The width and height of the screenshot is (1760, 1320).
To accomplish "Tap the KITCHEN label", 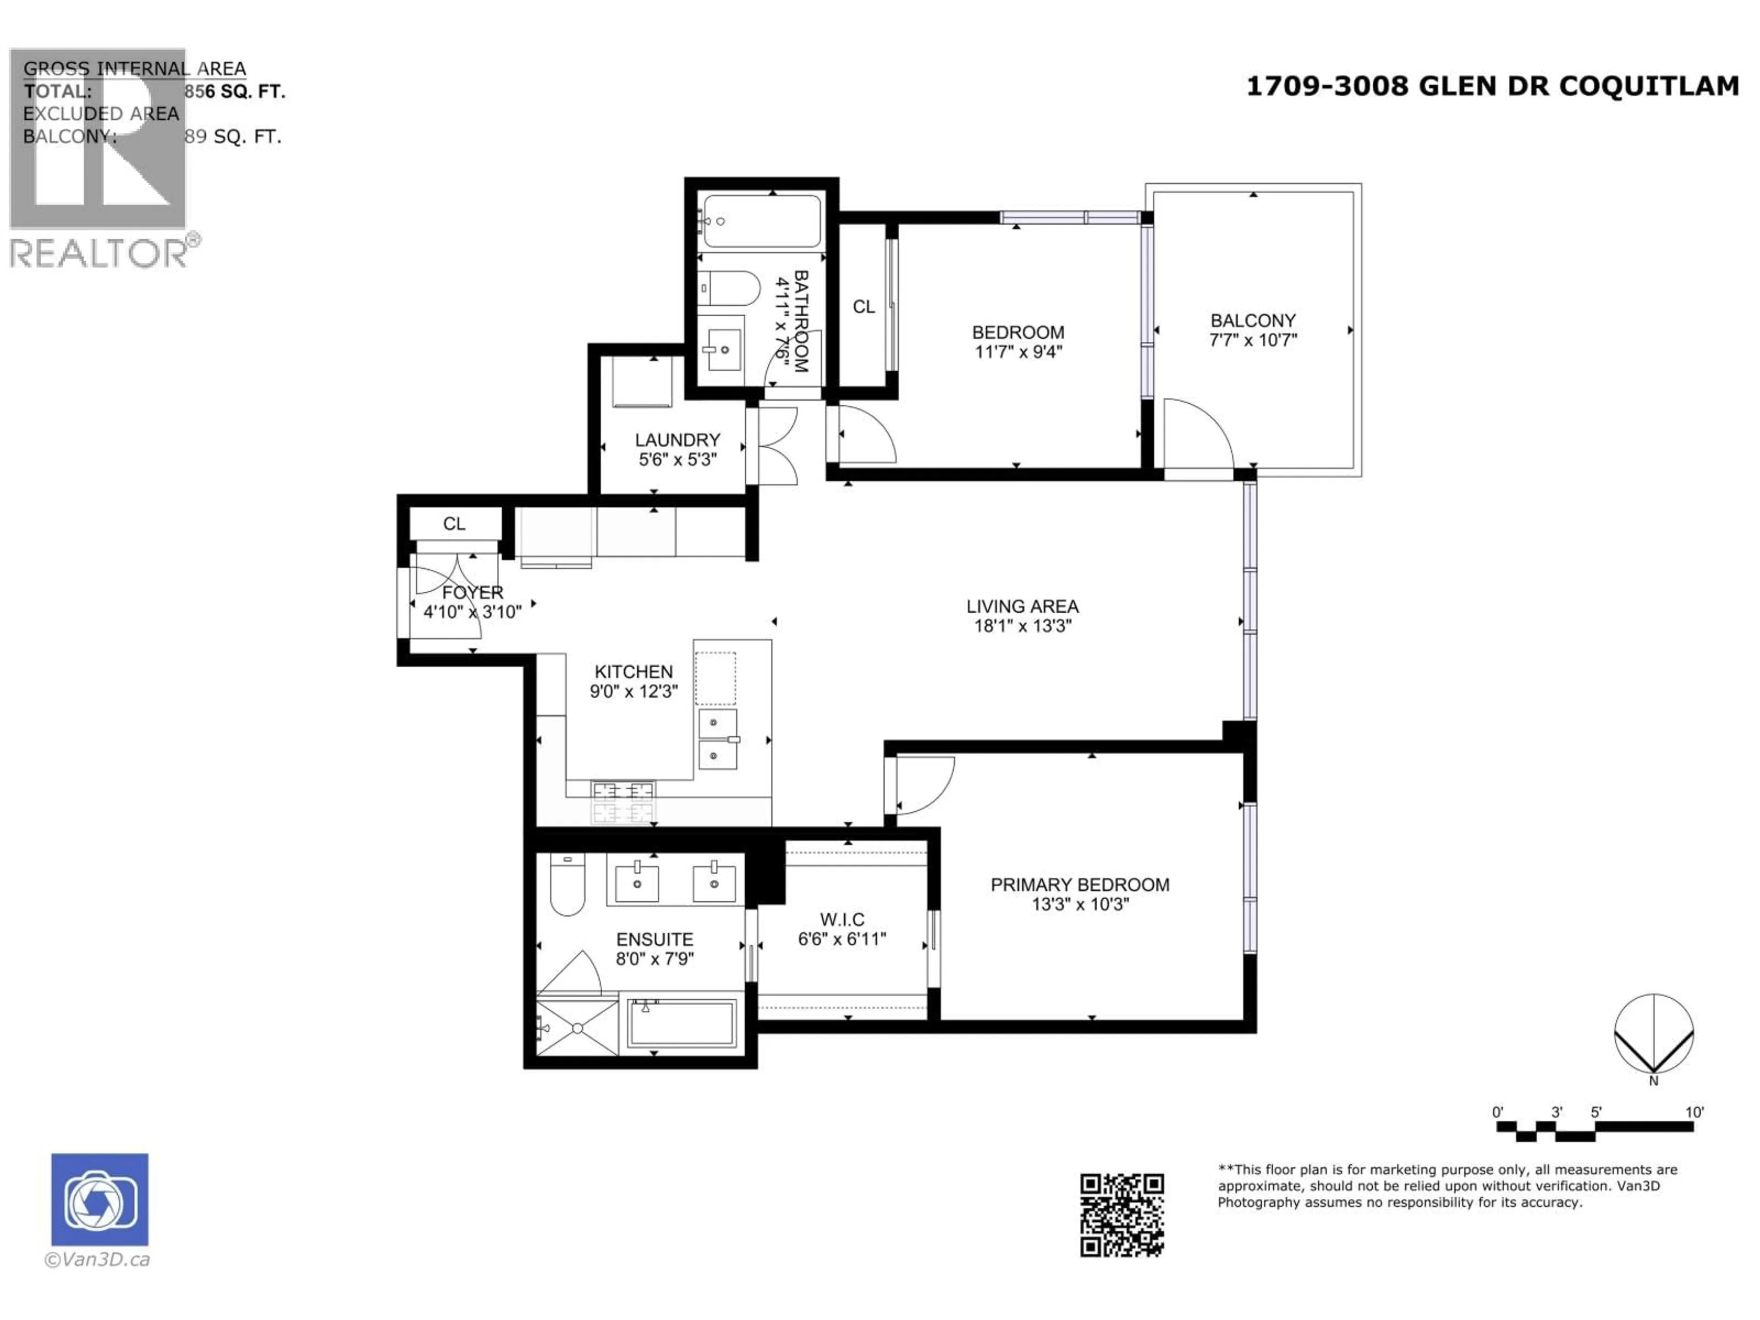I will click(x=633, y=671).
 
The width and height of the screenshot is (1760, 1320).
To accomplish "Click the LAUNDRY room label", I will click(x=677, y=440).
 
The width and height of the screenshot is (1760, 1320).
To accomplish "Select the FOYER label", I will click(x=473, y=593).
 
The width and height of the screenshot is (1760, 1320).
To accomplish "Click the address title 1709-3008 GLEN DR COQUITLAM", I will click(x=1492, y=86).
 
